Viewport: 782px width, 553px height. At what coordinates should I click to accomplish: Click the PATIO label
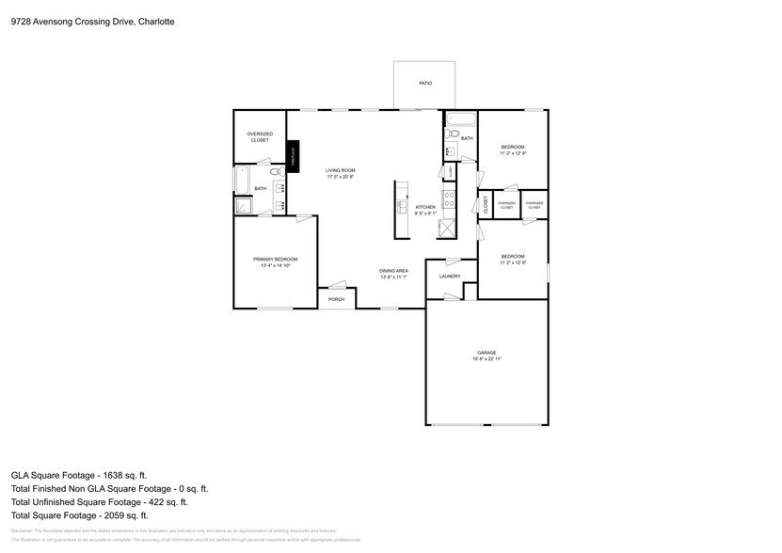[x=425, y=84]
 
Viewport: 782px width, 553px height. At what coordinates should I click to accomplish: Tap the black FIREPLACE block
[x=293, y=157]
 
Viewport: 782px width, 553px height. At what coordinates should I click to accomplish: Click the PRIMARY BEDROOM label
[x=275, y=262]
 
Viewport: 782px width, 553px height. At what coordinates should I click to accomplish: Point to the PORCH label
[x=336, y=299]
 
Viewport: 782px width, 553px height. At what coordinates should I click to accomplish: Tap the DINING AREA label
[x=393, y=274]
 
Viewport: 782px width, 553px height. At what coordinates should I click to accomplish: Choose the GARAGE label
[x=486, y=355]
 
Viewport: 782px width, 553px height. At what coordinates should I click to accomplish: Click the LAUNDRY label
[x=450, y=276]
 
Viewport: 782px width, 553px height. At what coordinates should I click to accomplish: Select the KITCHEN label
[x=425, y=209]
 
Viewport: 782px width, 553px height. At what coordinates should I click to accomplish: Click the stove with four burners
[x=450, y=199]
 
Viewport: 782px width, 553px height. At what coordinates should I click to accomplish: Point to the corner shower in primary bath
[x=242, y=205]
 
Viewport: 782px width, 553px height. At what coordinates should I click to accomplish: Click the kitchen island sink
[x=401, y=206]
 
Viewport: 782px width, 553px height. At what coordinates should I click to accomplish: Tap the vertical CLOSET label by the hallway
[x=486, y=205]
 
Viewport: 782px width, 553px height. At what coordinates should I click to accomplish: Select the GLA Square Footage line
[x=79, y=475]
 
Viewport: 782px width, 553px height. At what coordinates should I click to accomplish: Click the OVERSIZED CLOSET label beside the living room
[x=260, y=136]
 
